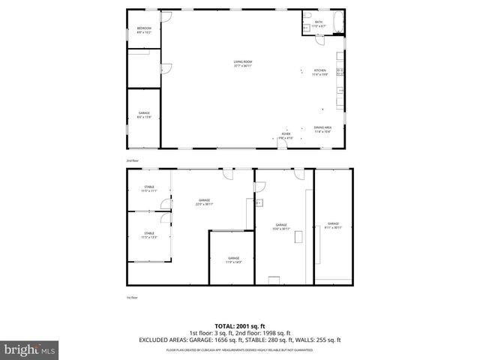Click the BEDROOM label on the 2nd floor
(x=143, y=29)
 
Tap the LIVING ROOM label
(x=242, y=62)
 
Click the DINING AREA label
(x=322, y=130)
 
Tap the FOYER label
(x=286, y=135)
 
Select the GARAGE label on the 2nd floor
(x=143, y=115)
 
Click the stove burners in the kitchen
(x=340, y=72)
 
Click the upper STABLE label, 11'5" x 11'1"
(x=149, y=188)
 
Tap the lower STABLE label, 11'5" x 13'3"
(x=149, y=235)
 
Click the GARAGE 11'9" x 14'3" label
(x=233, y=259)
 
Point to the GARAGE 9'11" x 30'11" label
(x=333, y=225)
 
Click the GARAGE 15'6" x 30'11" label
(x=281, y=226)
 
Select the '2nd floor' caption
(x=132, y=160)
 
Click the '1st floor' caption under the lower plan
(x=132, y=298)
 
